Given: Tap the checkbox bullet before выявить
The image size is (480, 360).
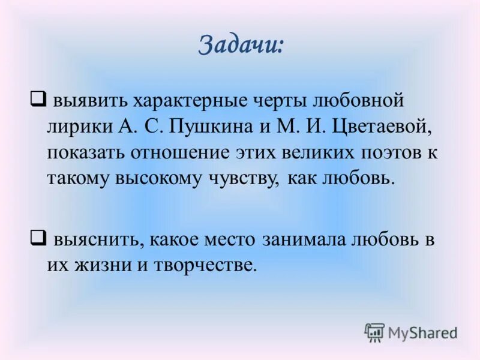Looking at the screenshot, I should [x=37, y=96].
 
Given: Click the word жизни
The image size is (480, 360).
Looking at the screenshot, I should [x=98, y=266].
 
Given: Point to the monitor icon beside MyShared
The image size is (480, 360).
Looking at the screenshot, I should [x=374, y=332].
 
